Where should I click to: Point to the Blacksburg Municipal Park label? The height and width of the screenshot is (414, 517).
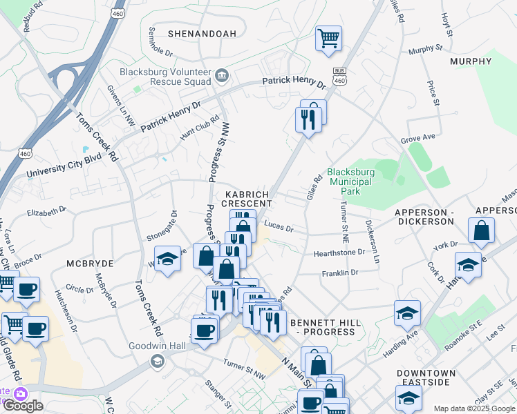coord(350,181)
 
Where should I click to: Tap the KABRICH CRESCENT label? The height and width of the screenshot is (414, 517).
coord(247,199)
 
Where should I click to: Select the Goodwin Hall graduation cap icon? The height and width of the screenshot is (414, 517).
coord(157,360)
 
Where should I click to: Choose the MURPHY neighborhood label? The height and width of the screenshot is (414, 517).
coord(470,61)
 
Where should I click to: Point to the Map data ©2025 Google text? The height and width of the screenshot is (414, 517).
coord(473,408)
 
